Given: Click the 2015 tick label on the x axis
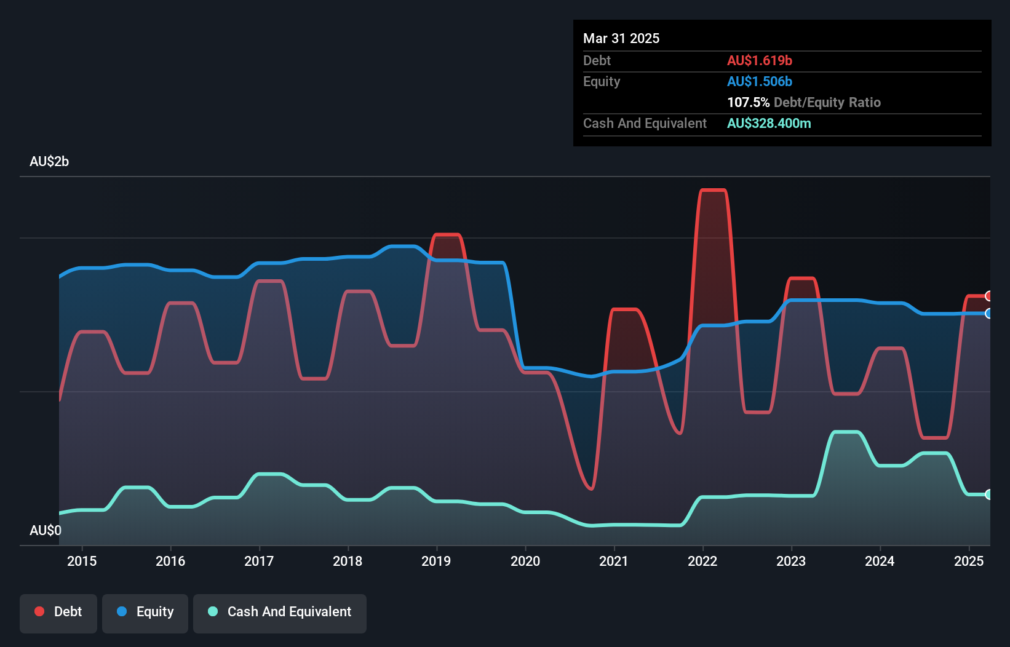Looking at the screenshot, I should pos(82,561).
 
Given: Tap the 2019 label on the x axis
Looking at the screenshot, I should pos(436,561).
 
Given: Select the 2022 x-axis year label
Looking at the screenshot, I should pos(702,561).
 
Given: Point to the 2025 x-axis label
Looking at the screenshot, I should pos(969,561).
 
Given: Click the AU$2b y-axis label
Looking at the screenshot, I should pos(49,162).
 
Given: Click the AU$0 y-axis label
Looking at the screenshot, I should pos(46,530).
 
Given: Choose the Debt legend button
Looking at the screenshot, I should pos(58,612).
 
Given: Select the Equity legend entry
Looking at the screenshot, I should pos(145,612).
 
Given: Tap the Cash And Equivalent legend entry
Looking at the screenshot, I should pos(280,612).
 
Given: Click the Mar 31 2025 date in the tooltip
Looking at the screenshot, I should pos(621,39).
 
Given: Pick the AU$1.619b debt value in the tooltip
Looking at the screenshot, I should pos(760,61).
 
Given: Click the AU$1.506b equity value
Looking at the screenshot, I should pos(760,82).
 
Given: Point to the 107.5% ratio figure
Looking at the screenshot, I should pos(748,103).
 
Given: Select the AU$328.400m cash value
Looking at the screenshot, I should pos(769,124).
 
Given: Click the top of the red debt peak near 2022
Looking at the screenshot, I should pos(714,190).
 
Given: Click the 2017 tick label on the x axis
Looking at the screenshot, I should pos(259,561).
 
